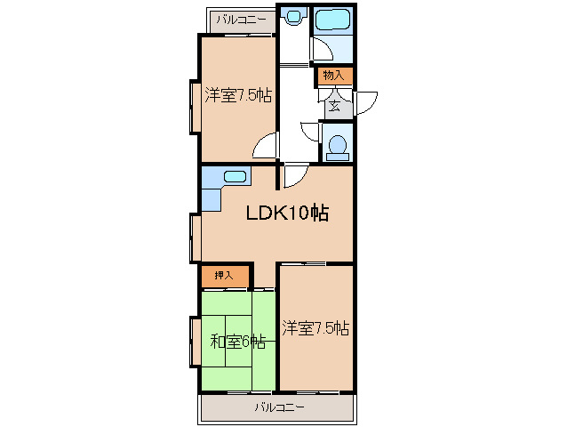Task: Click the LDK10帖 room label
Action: point(287,213)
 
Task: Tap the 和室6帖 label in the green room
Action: point(237,341)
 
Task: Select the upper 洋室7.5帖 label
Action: point(237,95)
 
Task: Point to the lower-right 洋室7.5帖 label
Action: point(315,328)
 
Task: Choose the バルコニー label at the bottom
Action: point(278,407)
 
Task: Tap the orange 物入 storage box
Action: point(334,76)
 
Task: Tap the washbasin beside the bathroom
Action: point(293,18)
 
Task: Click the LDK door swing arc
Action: point(294,175)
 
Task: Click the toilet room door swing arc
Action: point(310,133)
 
